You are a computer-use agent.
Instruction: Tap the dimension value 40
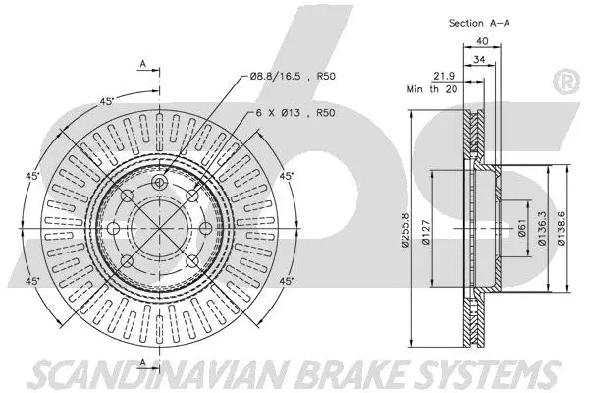tap(482, 41)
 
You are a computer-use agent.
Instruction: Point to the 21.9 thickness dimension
tap(444, 77)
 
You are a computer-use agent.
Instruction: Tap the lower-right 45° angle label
tap(287, 282)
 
